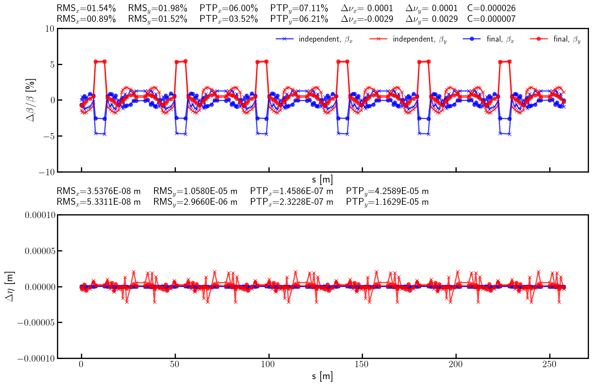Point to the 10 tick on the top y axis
(x=49, y=29)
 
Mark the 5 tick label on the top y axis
(x=51, y=65)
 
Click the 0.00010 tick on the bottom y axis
(x=40, y=215)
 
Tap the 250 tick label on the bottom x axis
(x=549, y=364)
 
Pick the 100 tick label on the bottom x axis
(x=268, y=364)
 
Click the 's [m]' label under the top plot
(x=322, y=180)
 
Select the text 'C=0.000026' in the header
(x=491, y=8)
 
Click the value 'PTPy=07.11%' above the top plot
(x=299, y=8)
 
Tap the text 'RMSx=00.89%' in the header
(x=86, y=19)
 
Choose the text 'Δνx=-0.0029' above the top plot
(x=367, y=19)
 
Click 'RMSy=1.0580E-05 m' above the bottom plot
(x=195, y=191)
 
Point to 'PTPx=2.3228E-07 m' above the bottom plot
(x=292, y=202)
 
